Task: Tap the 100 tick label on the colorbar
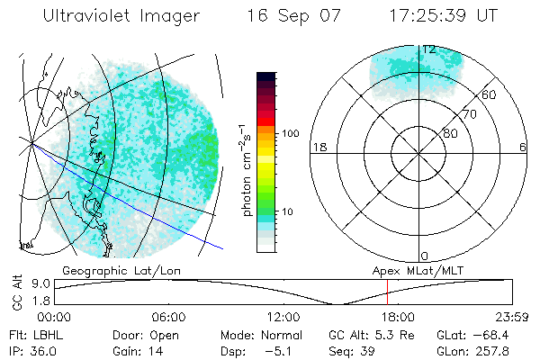tap(290, 133)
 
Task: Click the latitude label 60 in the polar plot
tap(489, 94)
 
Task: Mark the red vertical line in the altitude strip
tap(387, 292)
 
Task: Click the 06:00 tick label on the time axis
tap(169, 317)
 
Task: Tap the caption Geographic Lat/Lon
tap(109, 270)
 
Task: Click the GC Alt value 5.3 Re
tap(391, 334)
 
